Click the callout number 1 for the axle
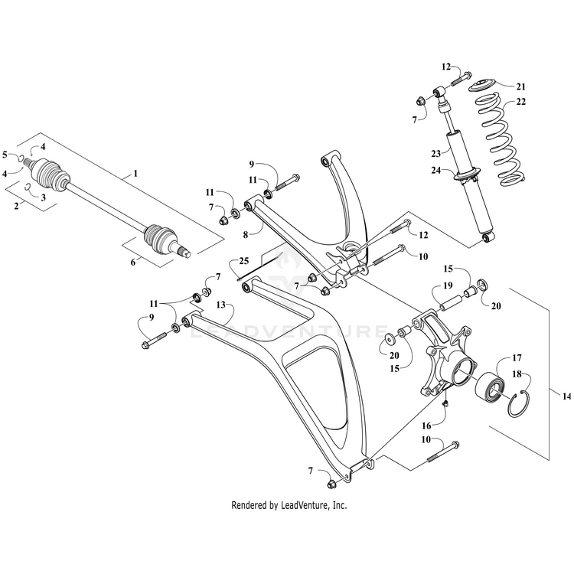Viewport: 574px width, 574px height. click(x=135, y=174)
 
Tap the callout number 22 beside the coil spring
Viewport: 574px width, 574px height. click(x=520, y=103)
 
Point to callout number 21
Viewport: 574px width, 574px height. click(x=520, y=85)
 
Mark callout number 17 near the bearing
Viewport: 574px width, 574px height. click(x=517, y=357)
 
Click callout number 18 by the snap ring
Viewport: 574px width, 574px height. click(x=517, y=375)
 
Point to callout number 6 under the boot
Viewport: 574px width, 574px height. click(x=135, y=263)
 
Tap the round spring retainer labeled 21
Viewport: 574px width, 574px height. click(x=482, y=83)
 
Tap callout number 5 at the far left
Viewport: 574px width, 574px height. click(x=5, y=155)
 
